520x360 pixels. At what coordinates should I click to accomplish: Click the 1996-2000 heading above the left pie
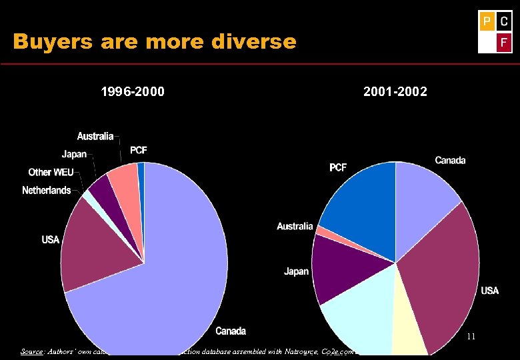tap(133, 91)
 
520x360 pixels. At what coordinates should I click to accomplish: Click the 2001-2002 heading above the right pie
tap(395, 91)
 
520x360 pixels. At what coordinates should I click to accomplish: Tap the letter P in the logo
tap(487, 21)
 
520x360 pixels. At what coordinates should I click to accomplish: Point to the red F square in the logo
tap(503, 43)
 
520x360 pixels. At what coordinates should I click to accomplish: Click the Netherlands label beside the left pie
tap(46, 191)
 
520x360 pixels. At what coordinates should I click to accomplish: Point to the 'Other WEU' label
tap(51, 173)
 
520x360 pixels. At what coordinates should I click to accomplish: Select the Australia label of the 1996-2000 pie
tap(95, 136)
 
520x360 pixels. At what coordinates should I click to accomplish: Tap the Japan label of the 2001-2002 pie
tap(296, 271)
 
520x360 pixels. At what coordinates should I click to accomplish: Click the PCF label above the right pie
tap(338, 167)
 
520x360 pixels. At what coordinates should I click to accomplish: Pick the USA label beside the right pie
tap(489, 291)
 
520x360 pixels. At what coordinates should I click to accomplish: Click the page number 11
tap(471, 337)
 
